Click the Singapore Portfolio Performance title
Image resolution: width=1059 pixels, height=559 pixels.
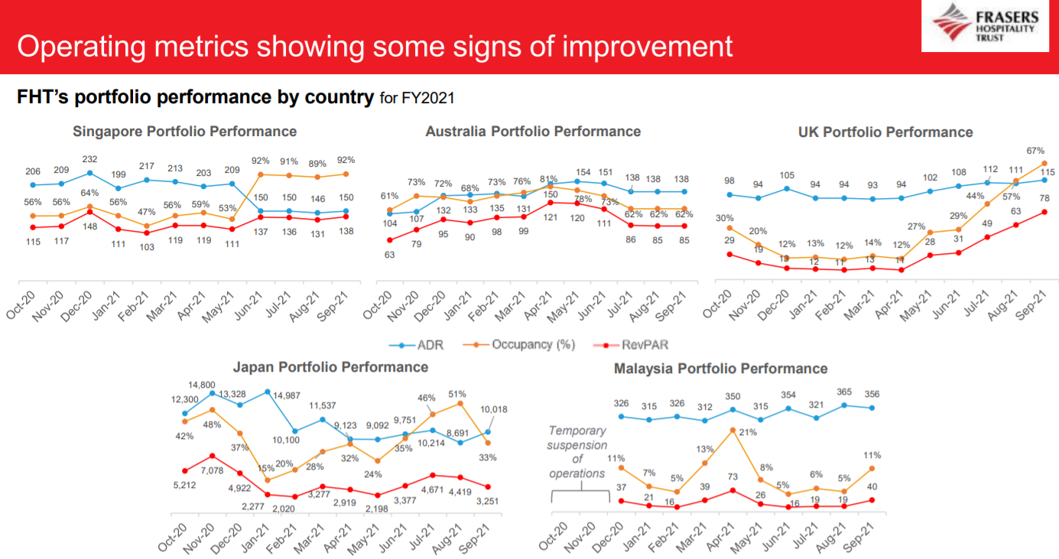coord(184,132)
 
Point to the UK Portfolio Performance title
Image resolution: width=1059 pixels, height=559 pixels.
coord(885,132)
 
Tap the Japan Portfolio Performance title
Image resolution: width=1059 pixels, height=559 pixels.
coord(330,367)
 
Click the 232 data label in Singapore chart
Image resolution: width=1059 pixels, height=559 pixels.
coord(90,159)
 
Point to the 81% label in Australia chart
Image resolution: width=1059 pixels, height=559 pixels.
coord(548,179)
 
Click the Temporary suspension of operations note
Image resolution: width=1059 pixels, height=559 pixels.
coord(577,452)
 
